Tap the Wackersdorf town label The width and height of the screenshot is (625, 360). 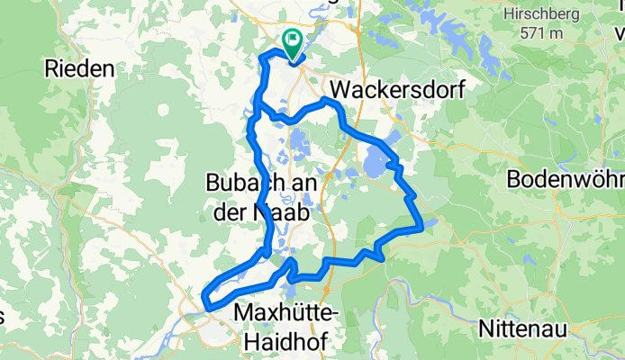(x=389, y=90)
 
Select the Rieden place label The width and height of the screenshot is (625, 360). (x=80, y=68)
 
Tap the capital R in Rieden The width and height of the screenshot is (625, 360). (x=51, y=68)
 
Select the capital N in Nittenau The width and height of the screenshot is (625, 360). (x=486, y=328)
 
